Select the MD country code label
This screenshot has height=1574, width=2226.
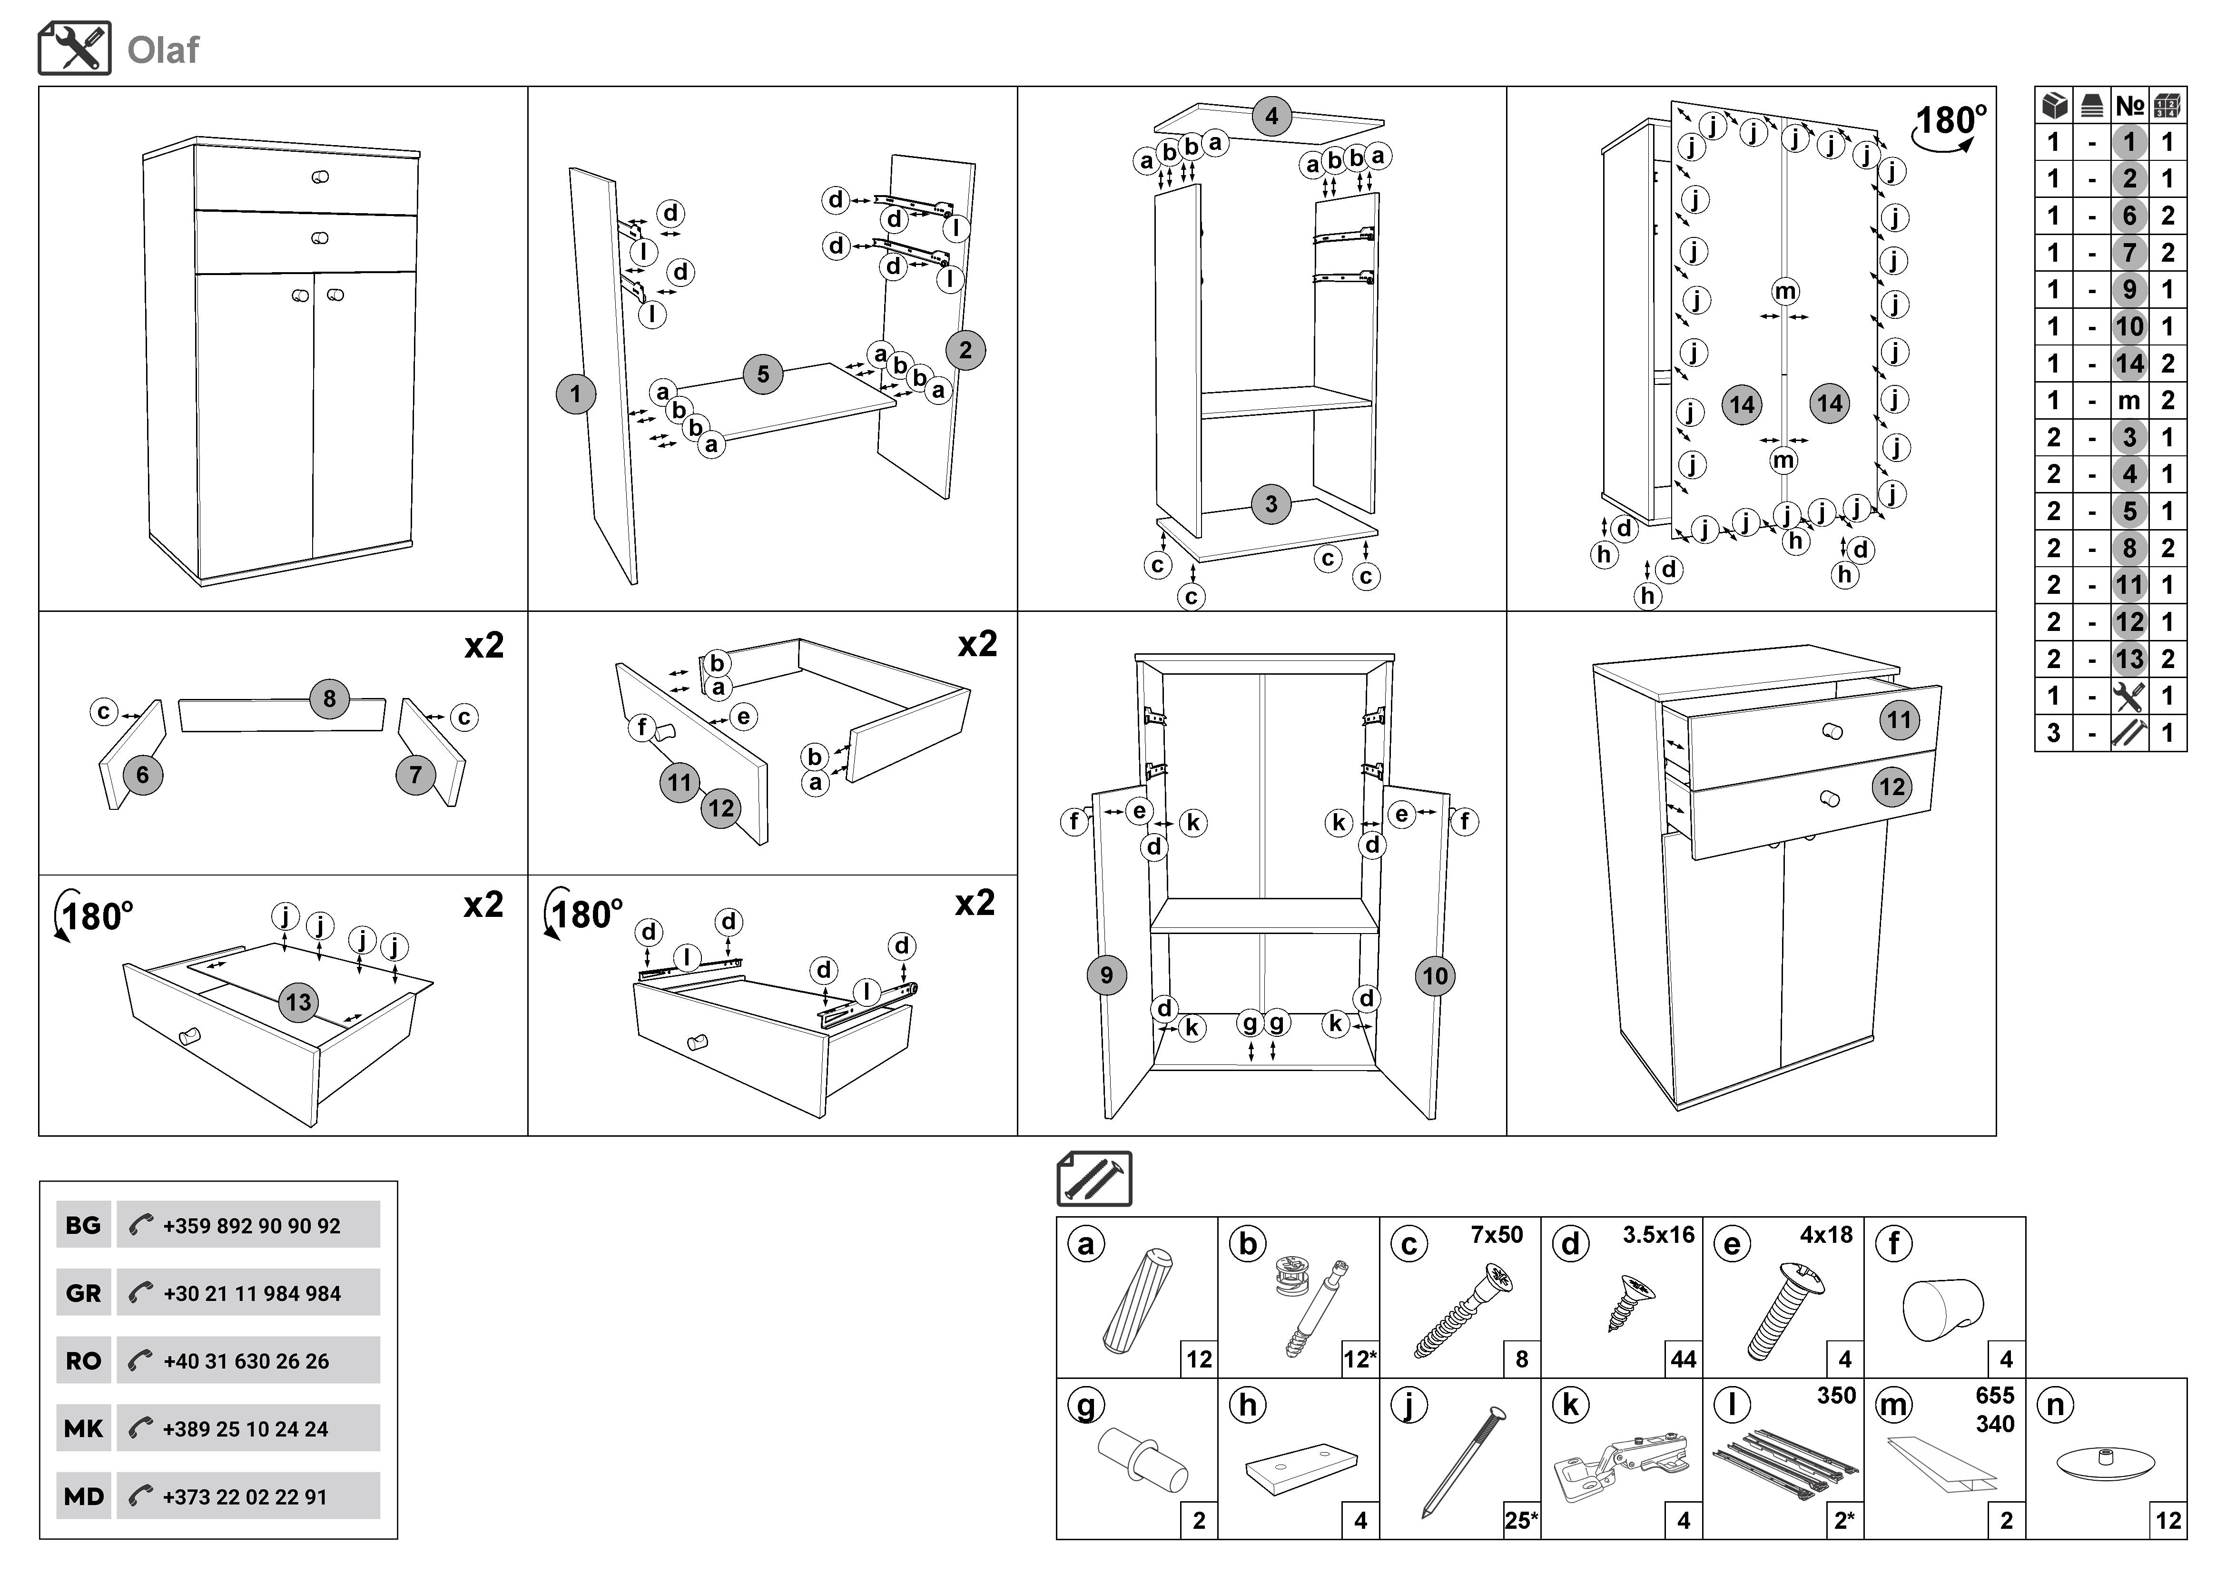pyautogui.click(x=83, y=1496)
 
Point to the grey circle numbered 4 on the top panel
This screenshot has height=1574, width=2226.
pyautogui.click(x=1271, y=117)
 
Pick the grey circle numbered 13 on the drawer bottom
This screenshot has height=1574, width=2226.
pyautogui.click(x=299, y=1002)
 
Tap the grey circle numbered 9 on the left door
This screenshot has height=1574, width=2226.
pyautogui.click(x=1106, y=975)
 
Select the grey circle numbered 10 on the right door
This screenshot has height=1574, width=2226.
pyautogui.click(x=1435, y=976)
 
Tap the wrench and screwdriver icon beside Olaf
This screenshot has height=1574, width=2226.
pyautogui.click(x=75, y=49)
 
